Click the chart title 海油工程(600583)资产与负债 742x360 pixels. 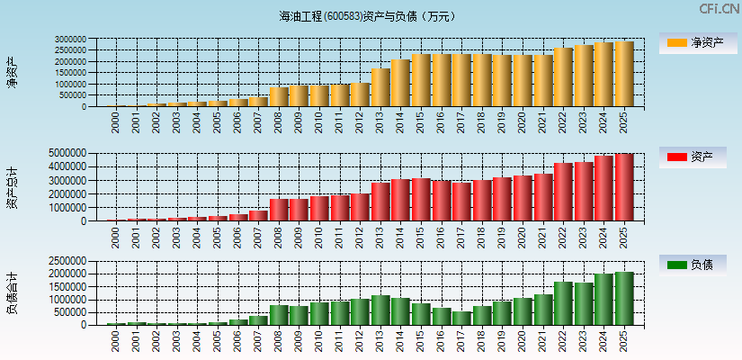(x=367, y=16)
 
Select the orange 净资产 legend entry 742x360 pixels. (x=693, y=42)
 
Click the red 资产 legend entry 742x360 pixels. (x=693, y=157)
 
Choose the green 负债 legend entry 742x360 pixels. (x=693, y=265)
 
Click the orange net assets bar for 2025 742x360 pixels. (x=624, y=74)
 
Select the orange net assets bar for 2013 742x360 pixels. (x=380, y=87)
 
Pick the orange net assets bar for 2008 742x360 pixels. (x=279, y=96)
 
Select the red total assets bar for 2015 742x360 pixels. (x=421, y=199)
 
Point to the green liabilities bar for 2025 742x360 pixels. (x=624, y=298)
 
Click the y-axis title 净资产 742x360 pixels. (x=13, y=73)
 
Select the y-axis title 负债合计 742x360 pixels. (x=13, y=292)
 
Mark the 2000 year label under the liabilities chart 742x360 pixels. (x=116, y=340)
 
